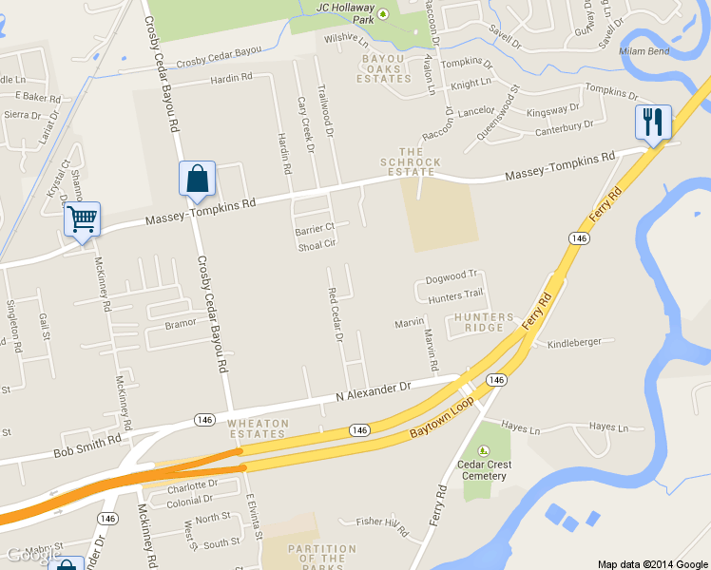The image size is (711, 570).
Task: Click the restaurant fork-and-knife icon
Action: coord(653,122)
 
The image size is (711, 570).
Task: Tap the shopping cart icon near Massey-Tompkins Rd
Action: coord(82,219)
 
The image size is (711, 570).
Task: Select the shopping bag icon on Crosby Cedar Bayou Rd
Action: coord(197,179)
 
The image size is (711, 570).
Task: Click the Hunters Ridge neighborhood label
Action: coord(484,322)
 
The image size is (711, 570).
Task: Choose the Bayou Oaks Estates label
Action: coord(384,68)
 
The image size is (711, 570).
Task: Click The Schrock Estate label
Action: coord(420,161)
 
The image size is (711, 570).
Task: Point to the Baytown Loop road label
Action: coord(442,418)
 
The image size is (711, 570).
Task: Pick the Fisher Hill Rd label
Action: coord(381,521)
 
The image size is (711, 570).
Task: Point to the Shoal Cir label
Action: coord(317,244)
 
